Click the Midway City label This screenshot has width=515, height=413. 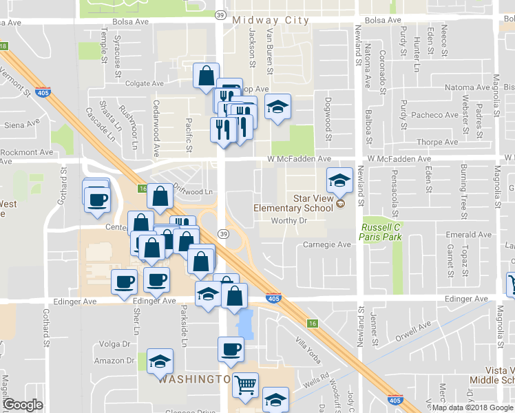pos(270,19)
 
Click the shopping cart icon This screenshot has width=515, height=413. pos(245,388)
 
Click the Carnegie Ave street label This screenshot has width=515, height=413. pos(327,244)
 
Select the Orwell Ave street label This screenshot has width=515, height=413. pos(413,329)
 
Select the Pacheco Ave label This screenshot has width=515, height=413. pos(436,115)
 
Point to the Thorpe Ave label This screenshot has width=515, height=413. pos(438,142)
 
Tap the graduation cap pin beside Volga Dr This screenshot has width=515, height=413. pos(160,361)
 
